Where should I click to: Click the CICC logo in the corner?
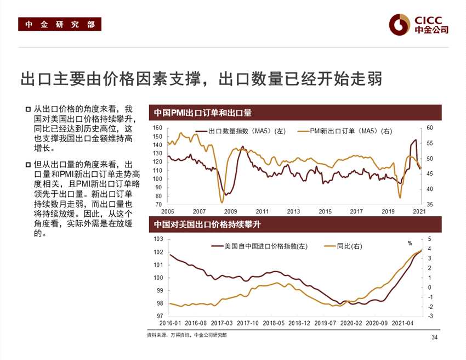(419, 23)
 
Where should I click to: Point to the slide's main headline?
(201, 78)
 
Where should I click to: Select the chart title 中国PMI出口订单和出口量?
(203, 113)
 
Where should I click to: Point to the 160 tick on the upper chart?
(158, 128)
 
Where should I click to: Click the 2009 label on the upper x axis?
(230, 211)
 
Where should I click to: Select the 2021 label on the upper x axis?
(419, 211)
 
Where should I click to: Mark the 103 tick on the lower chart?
(158, 239)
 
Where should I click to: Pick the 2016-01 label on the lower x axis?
(162, 324)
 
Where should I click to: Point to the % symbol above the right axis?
(410, 243)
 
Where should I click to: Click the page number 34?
(435, 337)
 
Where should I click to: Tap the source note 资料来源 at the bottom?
(187, 335)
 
